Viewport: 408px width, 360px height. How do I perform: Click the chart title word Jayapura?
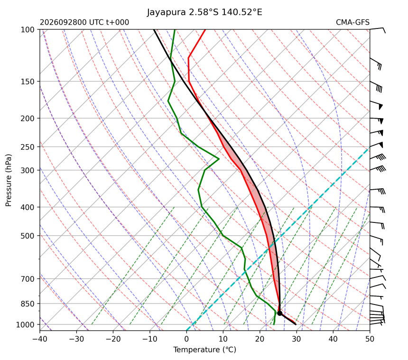click(167, 12)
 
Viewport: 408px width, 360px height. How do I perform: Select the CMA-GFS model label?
click(352, 22)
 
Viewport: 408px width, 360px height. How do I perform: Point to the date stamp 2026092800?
click(64, 22)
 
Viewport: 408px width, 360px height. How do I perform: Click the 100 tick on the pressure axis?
click(28, 30)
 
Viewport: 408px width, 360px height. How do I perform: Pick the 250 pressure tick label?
click(28, 147)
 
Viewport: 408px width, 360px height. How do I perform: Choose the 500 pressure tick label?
click(28, 236)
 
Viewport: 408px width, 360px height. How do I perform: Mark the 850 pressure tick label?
click(28, 304)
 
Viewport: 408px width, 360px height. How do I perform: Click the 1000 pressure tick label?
click(26, 324)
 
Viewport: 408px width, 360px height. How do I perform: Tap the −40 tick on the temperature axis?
click(40, 339)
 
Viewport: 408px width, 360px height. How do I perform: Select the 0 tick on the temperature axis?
click(186, 339)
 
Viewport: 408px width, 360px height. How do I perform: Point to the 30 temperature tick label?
click(297, 339)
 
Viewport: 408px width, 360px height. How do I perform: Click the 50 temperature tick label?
click(370, 339)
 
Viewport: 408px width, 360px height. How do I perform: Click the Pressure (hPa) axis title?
click(9, 180)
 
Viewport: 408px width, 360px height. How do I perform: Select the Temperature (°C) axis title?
click(205, 350)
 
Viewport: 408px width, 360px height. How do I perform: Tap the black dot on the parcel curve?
click(280, 313)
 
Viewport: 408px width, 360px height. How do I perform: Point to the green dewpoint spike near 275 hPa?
click(219, 159)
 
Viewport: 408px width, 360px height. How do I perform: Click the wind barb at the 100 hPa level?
click(378, 29)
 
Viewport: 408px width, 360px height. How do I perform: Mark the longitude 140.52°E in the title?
click(242, 12)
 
